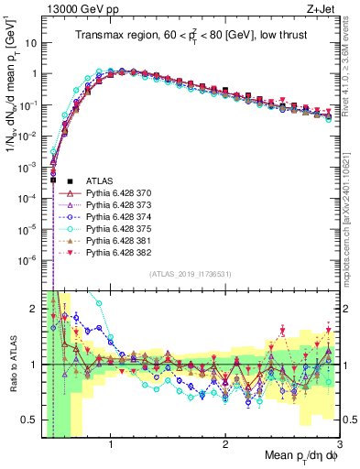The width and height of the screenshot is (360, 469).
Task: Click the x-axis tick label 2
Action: coord(224,444)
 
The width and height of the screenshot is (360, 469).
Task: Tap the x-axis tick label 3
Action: coord(338,444)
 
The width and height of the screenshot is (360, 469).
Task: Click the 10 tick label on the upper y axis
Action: coord(31,43)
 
